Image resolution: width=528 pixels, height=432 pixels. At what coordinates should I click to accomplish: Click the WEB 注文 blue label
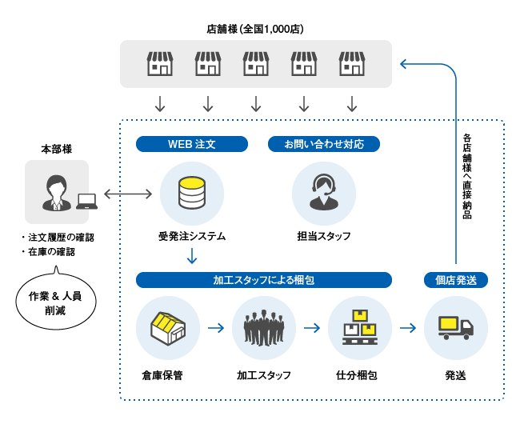(x=192, y=144)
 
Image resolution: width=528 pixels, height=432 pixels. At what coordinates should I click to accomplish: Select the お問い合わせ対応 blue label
(x=323, y=144)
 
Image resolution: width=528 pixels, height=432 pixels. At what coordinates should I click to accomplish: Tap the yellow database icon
(x=192, y=193)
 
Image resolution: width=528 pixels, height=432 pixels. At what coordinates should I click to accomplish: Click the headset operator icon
(x=323, y=193)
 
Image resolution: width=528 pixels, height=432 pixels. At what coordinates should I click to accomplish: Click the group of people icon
(x=264, y=327)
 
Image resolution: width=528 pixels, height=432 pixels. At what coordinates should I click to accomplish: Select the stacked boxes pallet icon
(x=359, y=327)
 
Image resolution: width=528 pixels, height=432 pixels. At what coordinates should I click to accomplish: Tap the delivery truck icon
(x=455, y=327)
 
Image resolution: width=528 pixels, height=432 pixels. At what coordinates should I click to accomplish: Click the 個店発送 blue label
(x=455, y=280)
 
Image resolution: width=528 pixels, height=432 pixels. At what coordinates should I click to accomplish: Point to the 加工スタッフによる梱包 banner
(x=263, y=280)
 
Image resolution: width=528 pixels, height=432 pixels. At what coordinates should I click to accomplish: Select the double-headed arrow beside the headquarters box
(x=128, y=194)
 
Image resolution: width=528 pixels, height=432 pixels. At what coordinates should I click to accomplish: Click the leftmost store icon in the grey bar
(x=160, y=64)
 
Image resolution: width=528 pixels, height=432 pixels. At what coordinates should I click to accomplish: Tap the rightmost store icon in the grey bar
(x=352, y=64)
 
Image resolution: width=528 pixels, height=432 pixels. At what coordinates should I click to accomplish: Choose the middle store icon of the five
(x=256, y=64)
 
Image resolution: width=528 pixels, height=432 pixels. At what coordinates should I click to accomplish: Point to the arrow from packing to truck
(x=407, y=327)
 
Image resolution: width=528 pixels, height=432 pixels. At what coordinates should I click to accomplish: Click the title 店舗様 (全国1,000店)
(x=255, y=29)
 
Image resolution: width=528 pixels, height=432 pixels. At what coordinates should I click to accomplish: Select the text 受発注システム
(x=192, y=236)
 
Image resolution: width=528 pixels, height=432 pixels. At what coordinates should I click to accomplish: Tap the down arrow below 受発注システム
(x=192, y=256)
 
